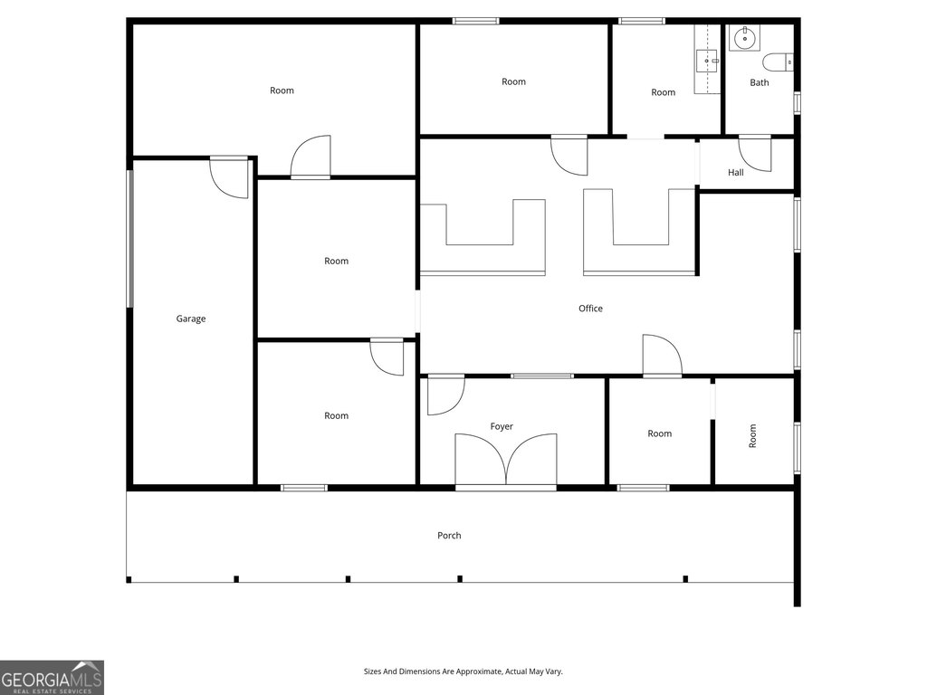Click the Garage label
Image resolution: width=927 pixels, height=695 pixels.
tap(191, 319)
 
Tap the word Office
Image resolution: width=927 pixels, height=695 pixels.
tap(590, 308)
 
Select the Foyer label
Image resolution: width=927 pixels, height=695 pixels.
tap(502, 426)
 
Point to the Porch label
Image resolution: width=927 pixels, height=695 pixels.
tap(449, 536)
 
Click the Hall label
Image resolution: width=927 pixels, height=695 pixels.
tap(736, 172)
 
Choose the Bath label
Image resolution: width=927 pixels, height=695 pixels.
tap(760, 82)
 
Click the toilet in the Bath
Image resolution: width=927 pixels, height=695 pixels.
tap(778, 62)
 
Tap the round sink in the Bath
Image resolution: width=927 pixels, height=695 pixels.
tap(744, 38)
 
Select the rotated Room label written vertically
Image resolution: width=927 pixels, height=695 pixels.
tap(752, 435)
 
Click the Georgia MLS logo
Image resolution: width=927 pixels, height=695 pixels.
tap(52, 677)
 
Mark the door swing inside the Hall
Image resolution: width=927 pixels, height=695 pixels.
tap(755, 154)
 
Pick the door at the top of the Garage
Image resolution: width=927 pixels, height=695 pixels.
tap(229, 177)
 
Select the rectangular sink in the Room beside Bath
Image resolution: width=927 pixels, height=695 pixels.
tap(707, 61)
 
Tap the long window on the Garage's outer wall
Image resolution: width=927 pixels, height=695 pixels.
tap(130, 239)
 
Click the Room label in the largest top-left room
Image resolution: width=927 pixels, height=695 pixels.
tap(282, 90)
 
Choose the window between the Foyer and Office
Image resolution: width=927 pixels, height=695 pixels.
tap(542, 376)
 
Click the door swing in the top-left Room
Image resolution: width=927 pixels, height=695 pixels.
tap(311, 157)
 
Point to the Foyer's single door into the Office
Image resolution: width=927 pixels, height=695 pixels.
tap(445, 395)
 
